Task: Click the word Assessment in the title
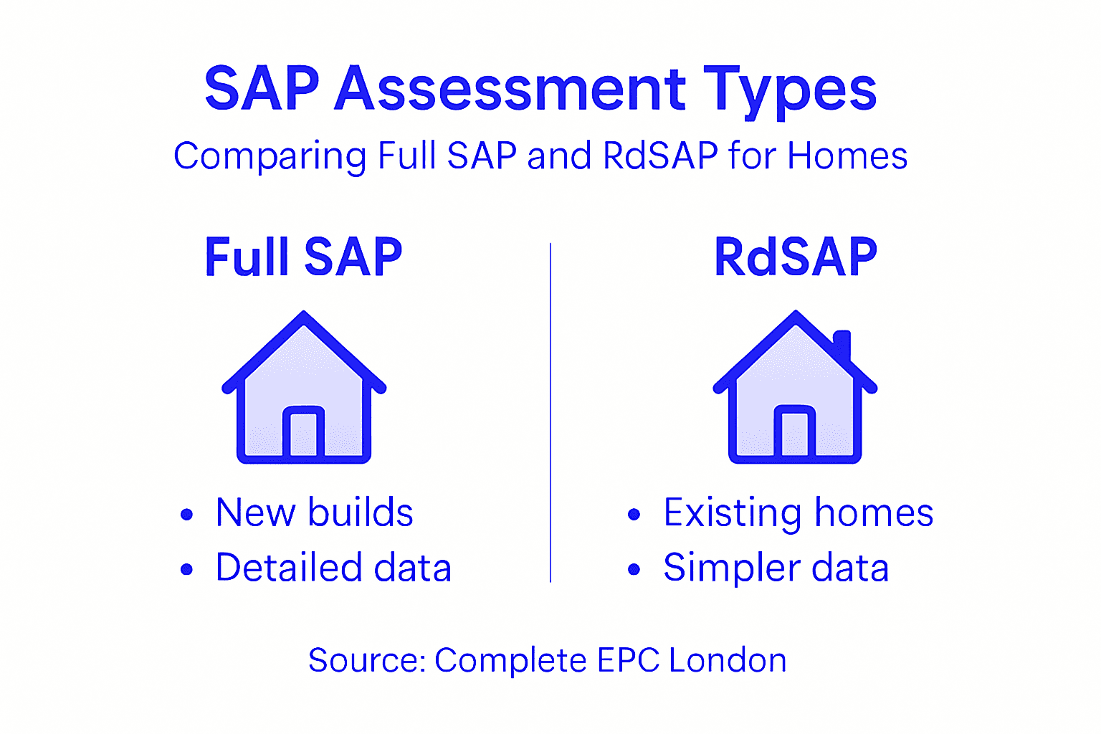pos(510,89)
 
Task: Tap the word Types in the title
pos(789,90)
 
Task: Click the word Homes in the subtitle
pos(847,156)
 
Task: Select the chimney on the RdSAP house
pos(842,345)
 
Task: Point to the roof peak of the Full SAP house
pos(304,316)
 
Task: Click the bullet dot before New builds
pos(187,514)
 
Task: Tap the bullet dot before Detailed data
pos(187,569)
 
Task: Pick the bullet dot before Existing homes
pos(634,514)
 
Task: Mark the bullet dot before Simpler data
pos(634,569)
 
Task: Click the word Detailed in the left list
pos(289,568)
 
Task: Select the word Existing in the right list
pos(732,513)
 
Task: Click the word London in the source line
pos(728,660)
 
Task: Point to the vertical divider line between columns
pos(550,412)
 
